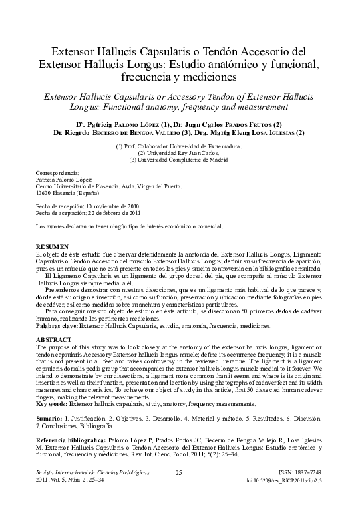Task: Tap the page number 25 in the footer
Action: (x=178, y=473)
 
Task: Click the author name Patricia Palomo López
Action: (x=111, y=124)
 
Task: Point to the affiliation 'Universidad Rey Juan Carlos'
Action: (x=185, y=152)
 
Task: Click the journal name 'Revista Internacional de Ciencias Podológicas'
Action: (x=84, y=473)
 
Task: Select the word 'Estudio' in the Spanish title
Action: (x=226, y=65)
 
